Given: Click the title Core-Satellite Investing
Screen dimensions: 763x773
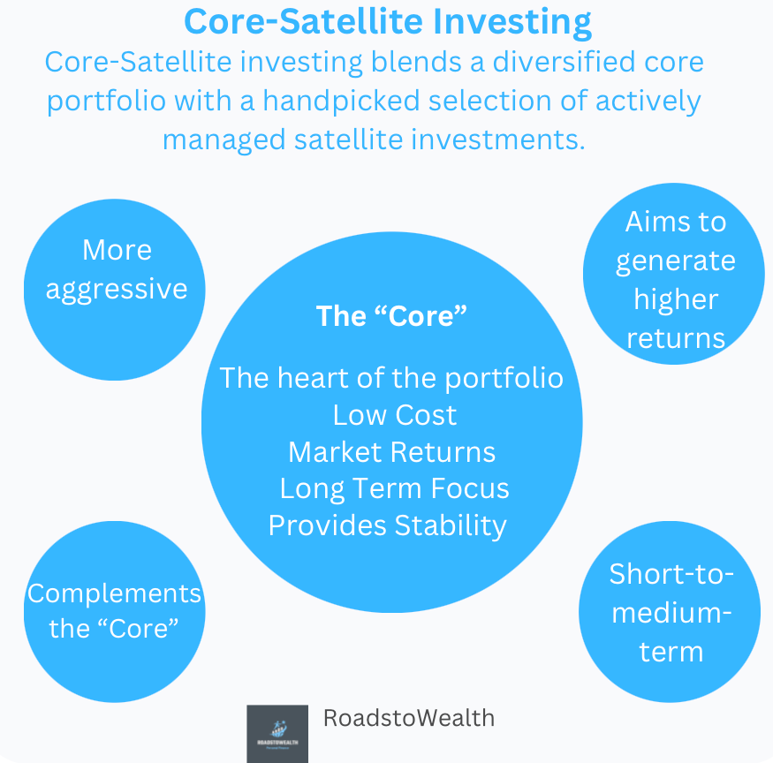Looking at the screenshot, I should [x=387, y=21].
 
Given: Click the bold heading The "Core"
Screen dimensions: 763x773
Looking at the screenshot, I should [x=390, y=316].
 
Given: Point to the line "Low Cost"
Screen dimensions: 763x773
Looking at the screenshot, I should [x=394, y=414].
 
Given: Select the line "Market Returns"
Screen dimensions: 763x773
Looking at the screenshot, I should [x=391, y=451].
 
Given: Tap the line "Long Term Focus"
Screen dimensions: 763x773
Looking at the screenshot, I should [x=394, y=488].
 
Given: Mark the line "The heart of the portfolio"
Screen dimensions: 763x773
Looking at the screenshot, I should [x=390, y=377].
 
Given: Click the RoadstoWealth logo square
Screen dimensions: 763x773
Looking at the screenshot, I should [x=277, y=733].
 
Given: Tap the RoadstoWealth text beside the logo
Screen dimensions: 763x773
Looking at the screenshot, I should [x=408, y=718].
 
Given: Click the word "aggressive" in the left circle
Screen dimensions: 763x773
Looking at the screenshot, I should [x=117, y=289].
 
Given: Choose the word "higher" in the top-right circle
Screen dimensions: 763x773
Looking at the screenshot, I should [x=675, y=298].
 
